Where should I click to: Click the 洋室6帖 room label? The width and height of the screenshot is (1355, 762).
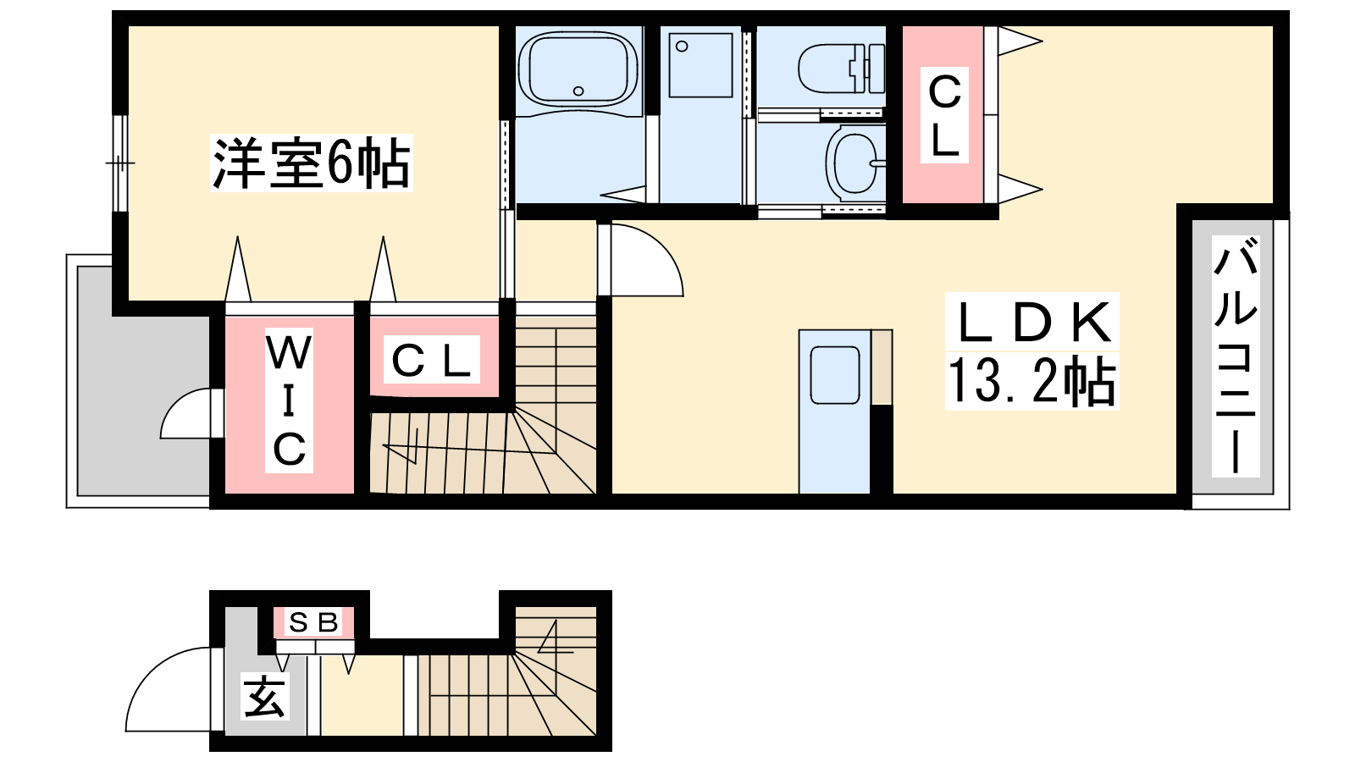tap(311, 163)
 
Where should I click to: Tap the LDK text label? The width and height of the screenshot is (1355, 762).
tap(1032, 322)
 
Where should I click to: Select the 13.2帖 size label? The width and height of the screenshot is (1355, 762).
tap(1031, 381)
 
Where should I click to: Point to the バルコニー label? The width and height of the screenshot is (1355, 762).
tap(1236, 356)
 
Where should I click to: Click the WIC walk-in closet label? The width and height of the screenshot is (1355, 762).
tap(289, 401)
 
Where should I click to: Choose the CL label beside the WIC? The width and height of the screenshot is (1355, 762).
tap(431, 361)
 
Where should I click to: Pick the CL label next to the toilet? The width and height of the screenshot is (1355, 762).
tap(944, 115)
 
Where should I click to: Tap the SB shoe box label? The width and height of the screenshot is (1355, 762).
tap(313, 621)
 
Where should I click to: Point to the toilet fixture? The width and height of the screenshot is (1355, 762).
tap(842, 68)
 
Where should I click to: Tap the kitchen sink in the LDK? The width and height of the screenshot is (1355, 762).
tap(835, 375)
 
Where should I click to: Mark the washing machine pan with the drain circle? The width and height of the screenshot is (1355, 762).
tap(700, 64)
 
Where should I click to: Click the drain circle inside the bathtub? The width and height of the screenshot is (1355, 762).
tap(578, 91)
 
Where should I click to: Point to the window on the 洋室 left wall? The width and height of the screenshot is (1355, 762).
tap(120, 163)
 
